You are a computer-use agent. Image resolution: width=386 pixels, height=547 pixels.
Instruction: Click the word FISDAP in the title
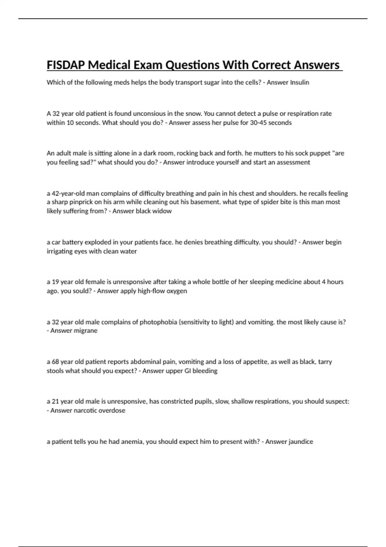[66, 65]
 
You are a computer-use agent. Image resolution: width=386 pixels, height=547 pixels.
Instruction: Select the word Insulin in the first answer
[299, 82]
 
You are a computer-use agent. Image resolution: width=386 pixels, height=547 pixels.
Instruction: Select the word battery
[72, 242]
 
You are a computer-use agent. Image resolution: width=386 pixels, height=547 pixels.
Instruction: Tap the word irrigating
[60, 251]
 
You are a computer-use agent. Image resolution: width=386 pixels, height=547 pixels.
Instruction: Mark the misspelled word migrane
[86, 331]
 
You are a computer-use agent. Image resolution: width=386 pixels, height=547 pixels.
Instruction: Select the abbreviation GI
[188, 371]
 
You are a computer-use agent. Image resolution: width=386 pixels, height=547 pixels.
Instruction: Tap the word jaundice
[301, 442]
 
